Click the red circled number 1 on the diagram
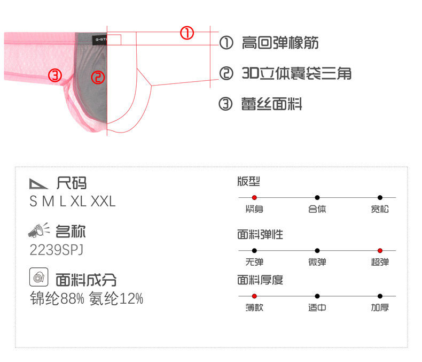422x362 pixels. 186,33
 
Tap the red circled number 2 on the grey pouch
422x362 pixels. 98,78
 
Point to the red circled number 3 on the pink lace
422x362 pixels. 56,75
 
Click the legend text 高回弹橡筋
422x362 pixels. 280,43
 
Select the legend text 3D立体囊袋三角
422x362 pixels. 296,73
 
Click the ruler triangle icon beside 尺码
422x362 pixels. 39,183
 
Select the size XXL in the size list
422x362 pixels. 103,202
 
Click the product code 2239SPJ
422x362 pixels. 57,250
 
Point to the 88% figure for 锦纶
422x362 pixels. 74,298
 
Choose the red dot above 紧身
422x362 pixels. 254,197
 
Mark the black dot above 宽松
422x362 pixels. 380,197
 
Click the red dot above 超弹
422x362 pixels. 380,250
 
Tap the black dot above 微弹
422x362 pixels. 317,250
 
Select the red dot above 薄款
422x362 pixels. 254,296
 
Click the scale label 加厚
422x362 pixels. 380,308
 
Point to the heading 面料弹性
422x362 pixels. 260,234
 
